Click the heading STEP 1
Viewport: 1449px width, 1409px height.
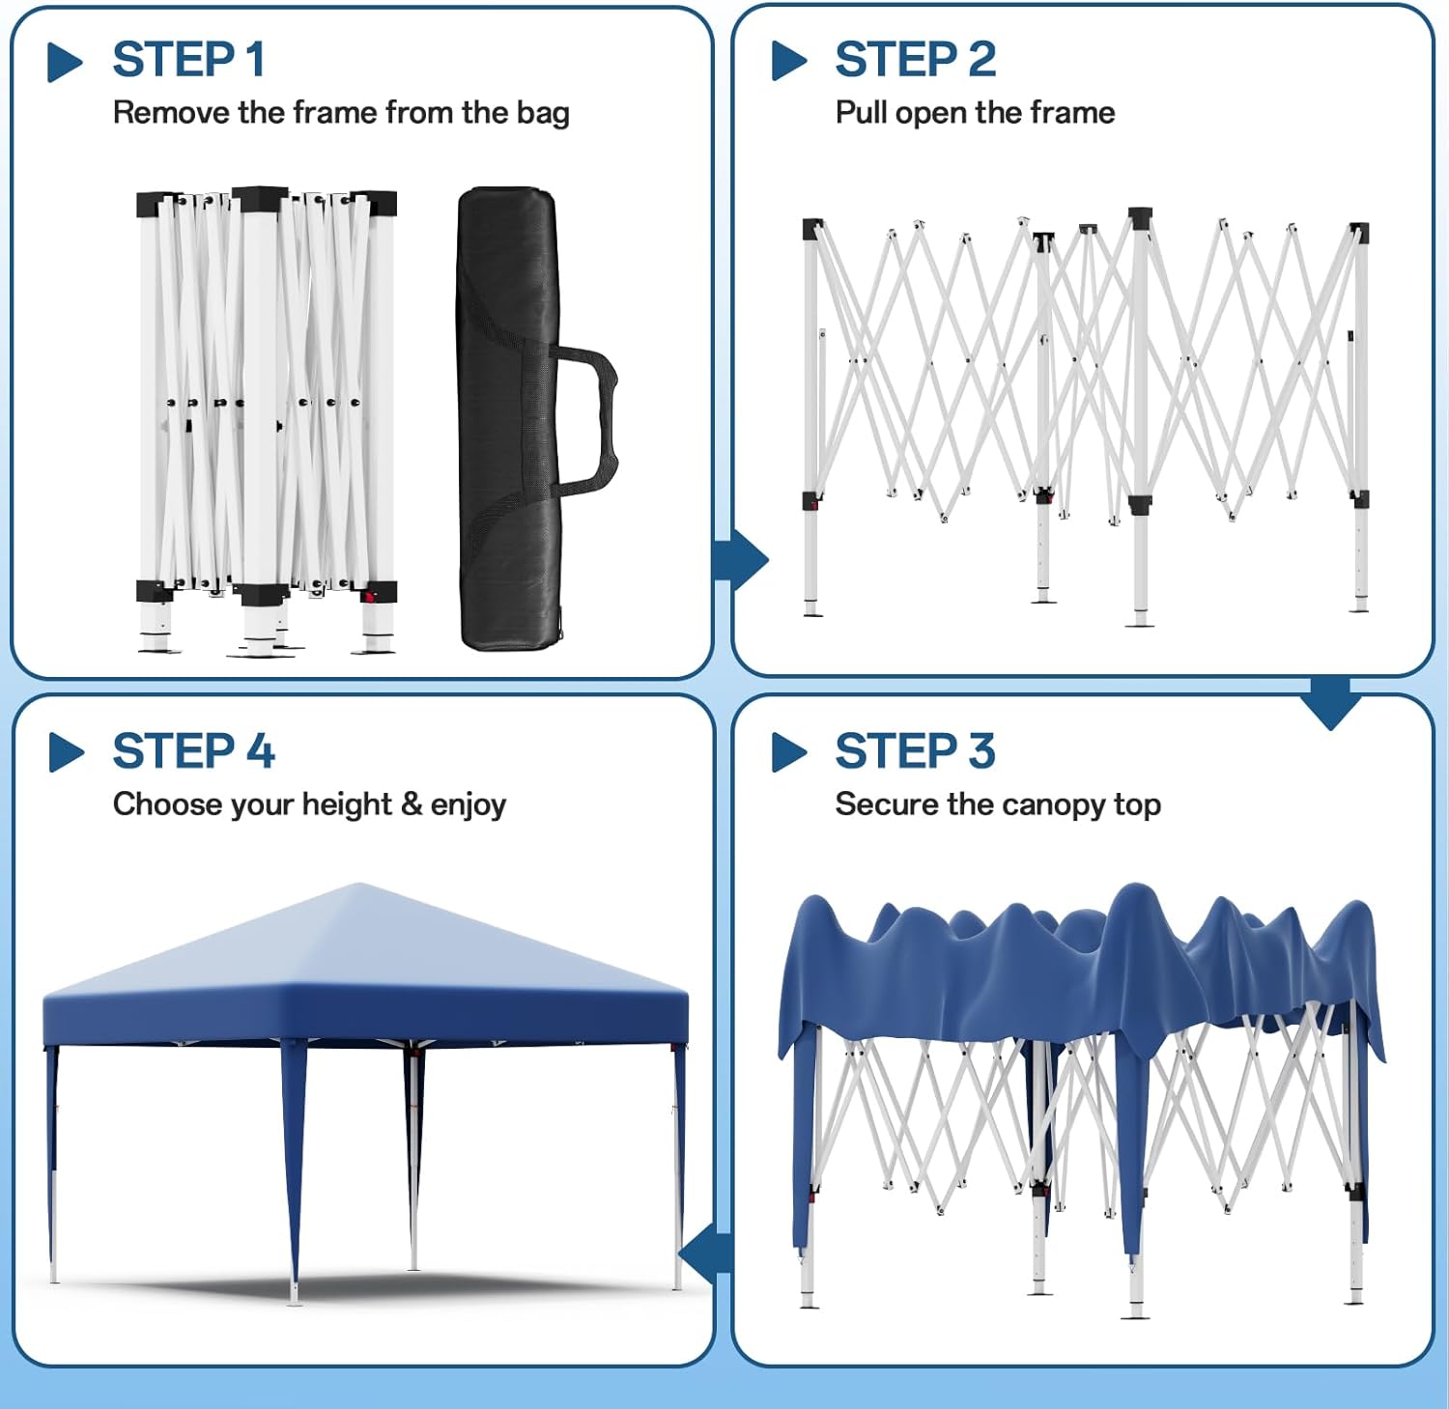click(188, 60)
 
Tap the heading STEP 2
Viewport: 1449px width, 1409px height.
click(915, 60)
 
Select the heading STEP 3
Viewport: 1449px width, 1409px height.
click(915, 751)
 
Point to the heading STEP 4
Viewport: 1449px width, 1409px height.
click(193, 751)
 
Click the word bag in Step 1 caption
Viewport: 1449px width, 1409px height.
click(542, 113)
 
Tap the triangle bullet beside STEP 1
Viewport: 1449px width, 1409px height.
click(65, 62)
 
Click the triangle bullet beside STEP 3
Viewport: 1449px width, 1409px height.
click(788, 753)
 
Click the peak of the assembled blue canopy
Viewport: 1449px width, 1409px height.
click(359, 886)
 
